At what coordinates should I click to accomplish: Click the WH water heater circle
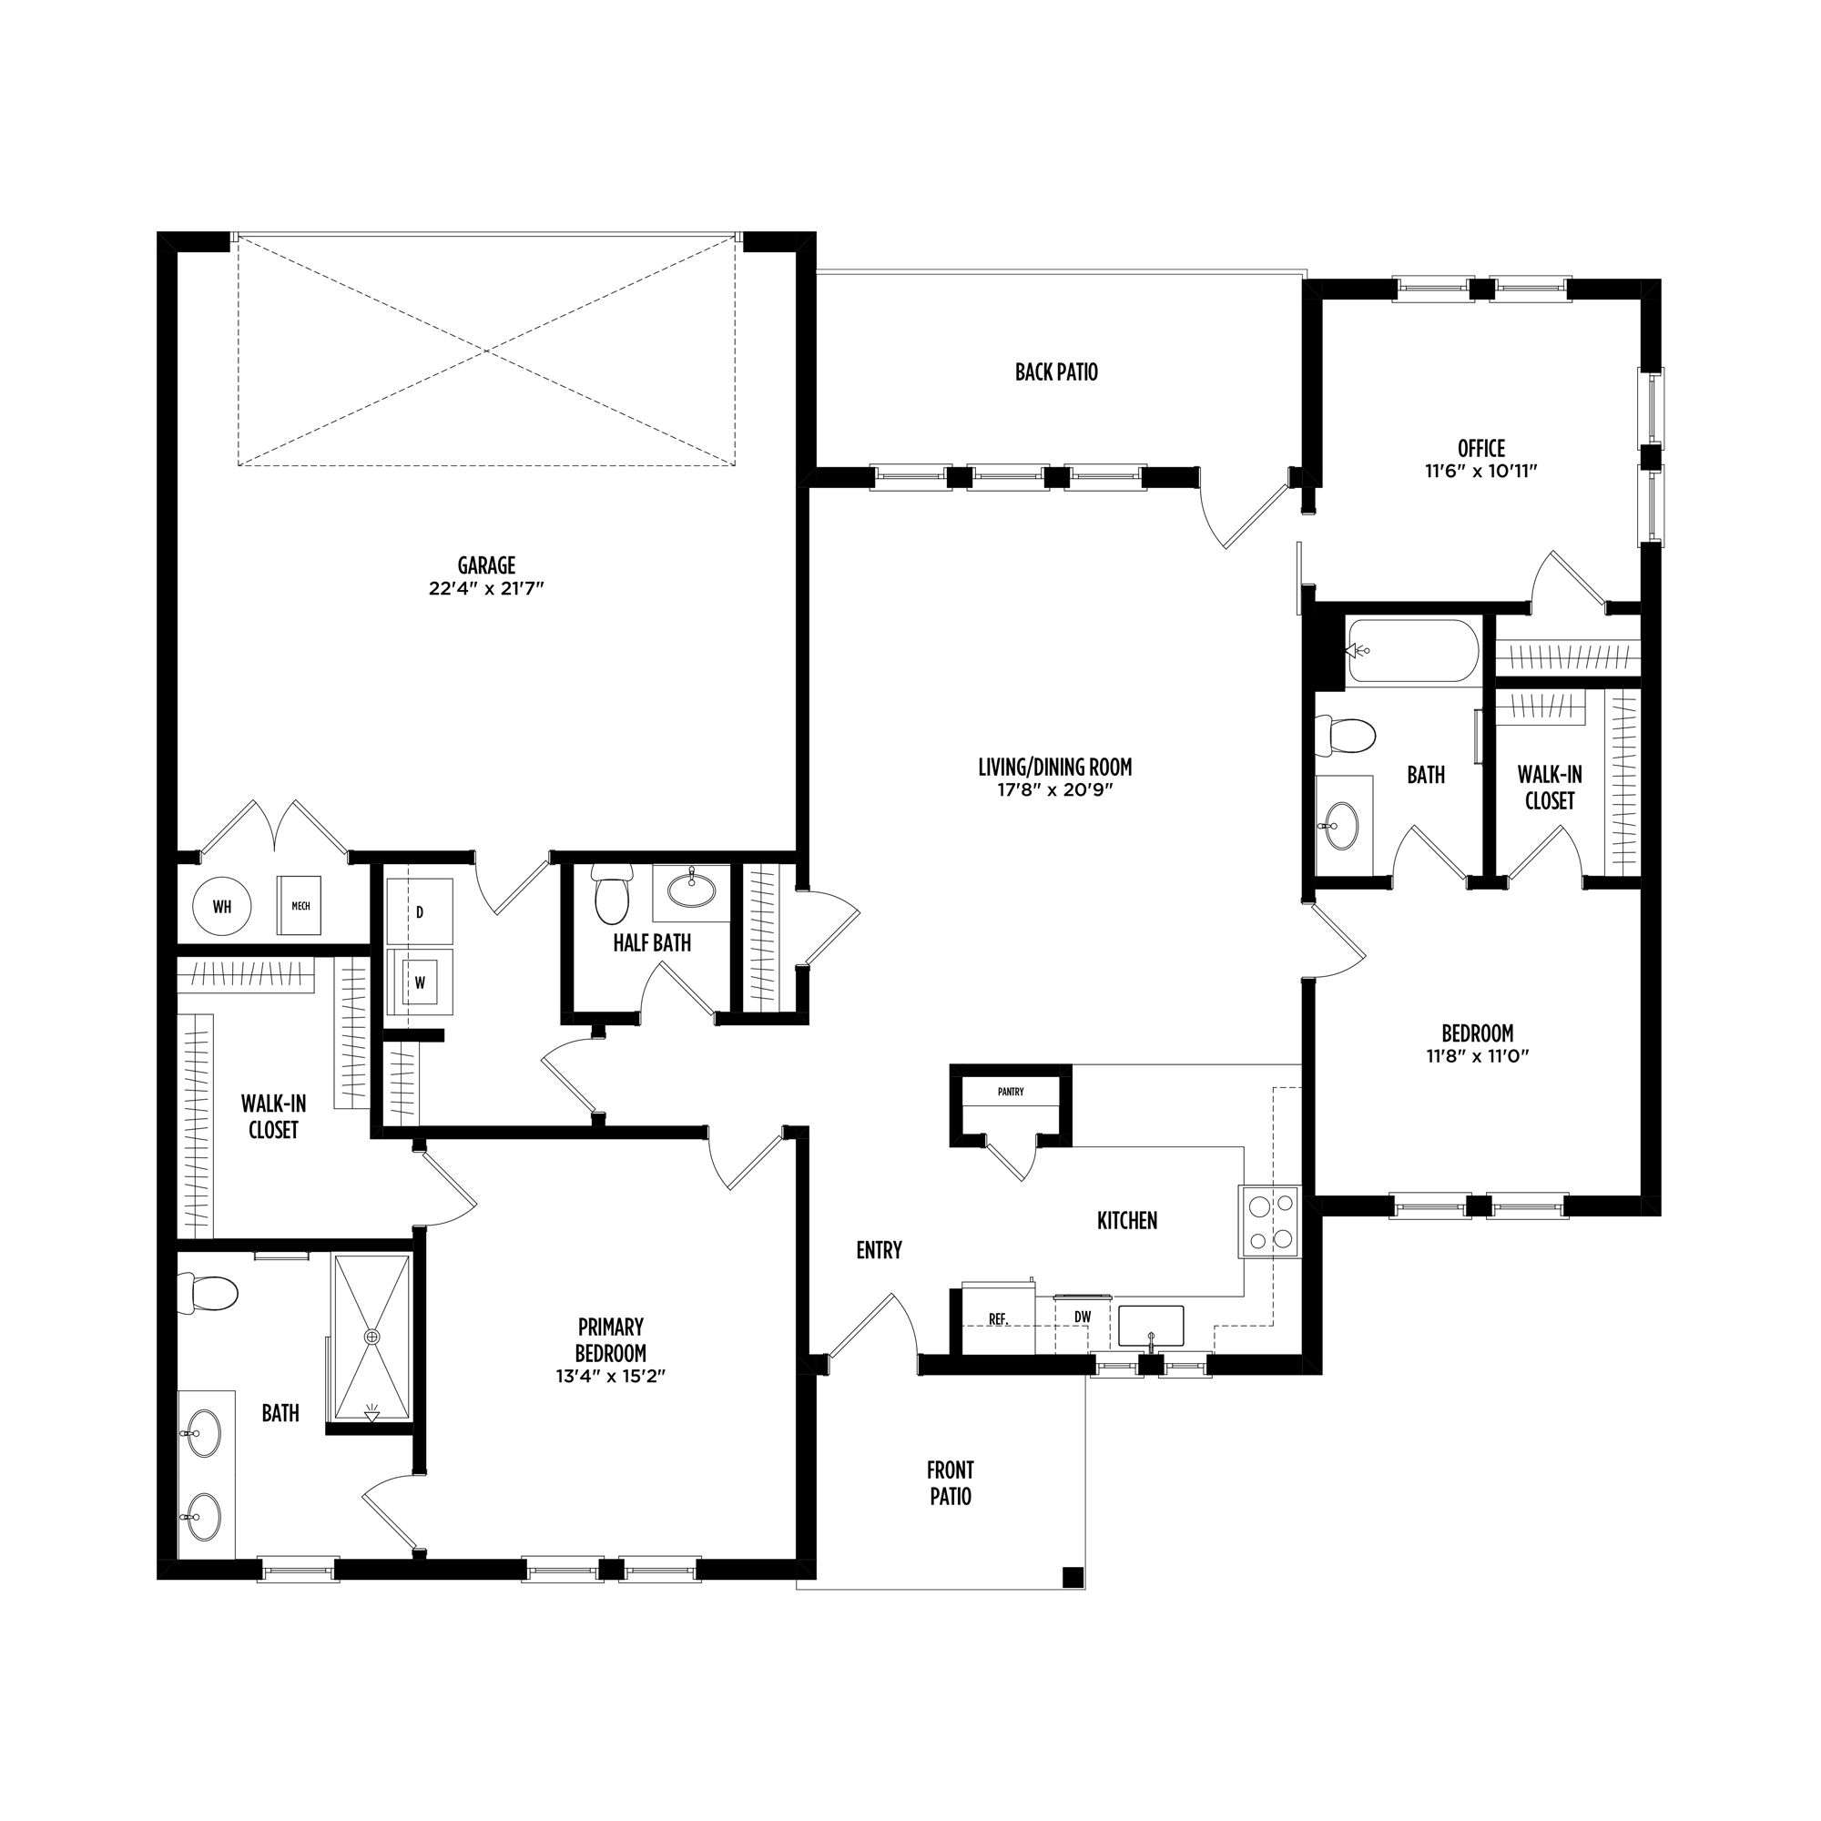pos(222,907)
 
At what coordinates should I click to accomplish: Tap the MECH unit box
pos(300,906)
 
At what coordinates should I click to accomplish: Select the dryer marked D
pos(420,911)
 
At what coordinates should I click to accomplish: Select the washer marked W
pos(420,982)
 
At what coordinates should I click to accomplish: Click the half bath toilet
pos(613,896)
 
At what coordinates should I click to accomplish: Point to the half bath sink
pos(692,890)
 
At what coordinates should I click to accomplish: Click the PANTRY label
pos(1011,1093)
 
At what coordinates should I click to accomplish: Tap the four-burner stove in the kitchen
pos(1268,1221)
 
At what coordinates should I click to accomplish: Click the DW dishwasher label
pos(1082,1317)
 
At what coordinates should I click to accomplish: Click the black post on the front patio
pos(1072,1576)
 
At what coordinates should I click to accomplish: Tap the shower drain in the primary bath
pos(372,1337)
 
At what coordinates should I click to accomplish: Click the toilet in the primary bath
pos(208,1293)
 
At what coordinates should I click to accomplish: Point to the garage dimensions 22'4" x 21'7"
pos(486,588)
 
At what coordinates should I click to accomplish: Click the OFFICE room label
pos(1481,449)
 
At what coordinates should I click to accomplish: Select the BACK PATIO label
pos(1056,372)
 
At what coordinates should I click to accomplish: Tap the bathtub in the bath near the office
pos(1414,650)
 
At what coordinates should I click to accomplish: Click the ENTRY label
pos(880,1250)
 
